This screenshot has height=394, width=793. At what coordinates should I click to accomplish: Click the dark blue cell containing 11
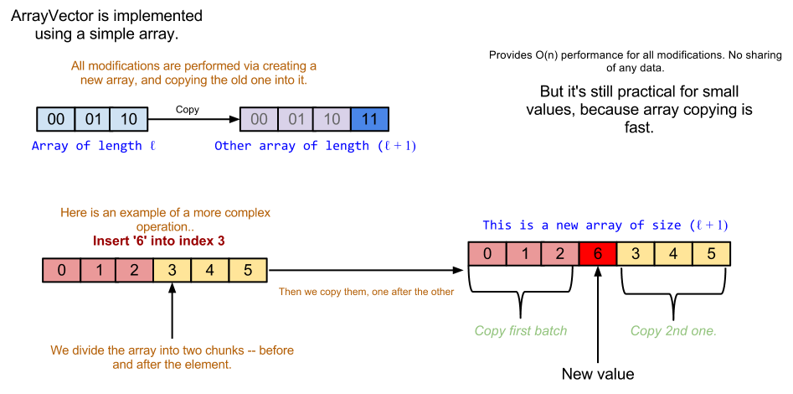[x=369, y=119]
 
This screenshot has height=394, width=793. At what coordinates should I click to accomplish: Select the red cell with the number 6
[x=597, y=254]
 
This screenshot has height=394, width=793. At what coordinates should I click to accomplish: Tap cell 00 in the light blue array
[x=56, y=119]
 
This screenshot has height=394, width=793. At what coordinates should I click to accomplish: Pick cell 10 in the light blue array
[x=128, y=119]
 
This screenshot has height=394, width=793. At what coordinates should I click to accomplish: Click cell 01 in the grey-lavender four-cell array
[x=296, y=119]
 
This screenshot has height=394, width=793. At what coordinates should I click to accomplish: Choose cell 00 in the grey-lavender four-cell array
[x=259, y=119]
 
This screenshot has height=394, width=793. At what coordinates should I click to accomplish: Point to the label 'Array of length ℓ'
[x=94, y=146]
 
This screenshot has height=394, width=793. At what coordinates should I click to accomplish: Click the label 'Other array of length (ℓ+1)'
[x=316, y=146]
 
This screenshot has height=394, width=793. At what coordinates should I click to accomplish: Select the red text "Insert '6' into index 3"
[x=158, y=241]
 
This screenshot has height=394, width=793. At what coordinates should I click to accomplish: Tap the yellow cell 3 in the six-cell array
[x=173, y=270]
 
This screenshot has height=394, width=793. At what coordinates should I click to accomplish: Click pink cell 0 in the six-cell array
[x=62, y=270]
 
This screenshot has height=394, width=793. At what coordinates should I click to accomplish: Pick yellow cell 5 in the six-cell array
[x=247, y=270]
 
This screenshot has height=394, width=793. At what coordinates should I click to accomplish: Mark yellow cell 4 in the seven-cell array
[x=673, y=254]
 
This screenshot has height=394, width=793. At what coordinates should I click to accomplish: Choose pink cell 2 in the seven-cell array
[x=560, y=254]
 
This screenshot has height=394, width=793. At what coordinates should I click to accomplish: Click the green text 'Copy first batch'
[x=521, y=331]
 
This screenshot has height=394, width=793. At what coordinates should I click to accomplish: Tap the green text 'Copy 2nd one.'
[x=673, y=331]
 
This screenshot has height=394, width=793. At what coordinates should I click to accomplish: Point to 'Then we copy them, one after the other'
[x=367, y=292]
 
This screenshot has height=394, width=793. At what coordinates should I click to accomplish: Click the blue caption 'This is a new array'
[x=604, y=226]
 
